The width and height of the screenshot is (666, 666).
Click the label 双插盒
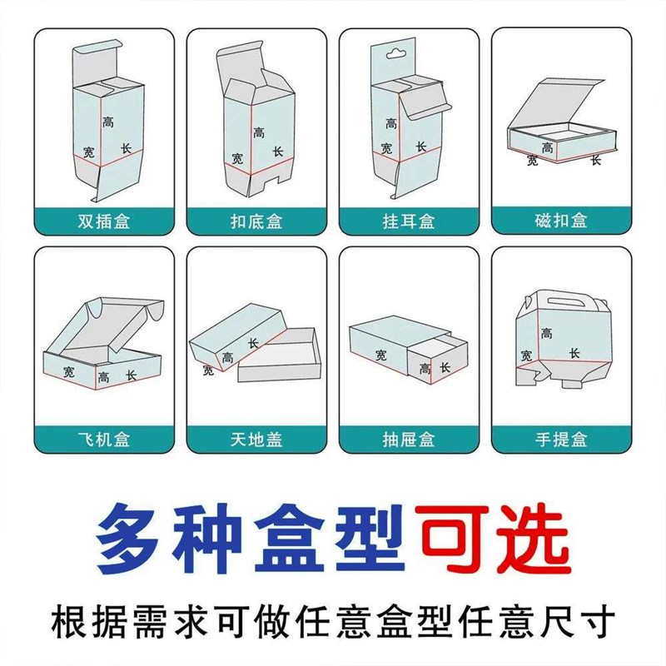coord(104,221)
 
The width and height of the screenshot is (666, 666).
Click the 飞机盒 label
coord(104,439)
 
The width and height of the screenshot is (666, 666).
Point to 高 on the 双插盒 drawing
coord(109,122)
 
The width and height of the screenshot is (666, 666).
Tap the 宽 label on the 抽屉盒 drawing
coord(381,355)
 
